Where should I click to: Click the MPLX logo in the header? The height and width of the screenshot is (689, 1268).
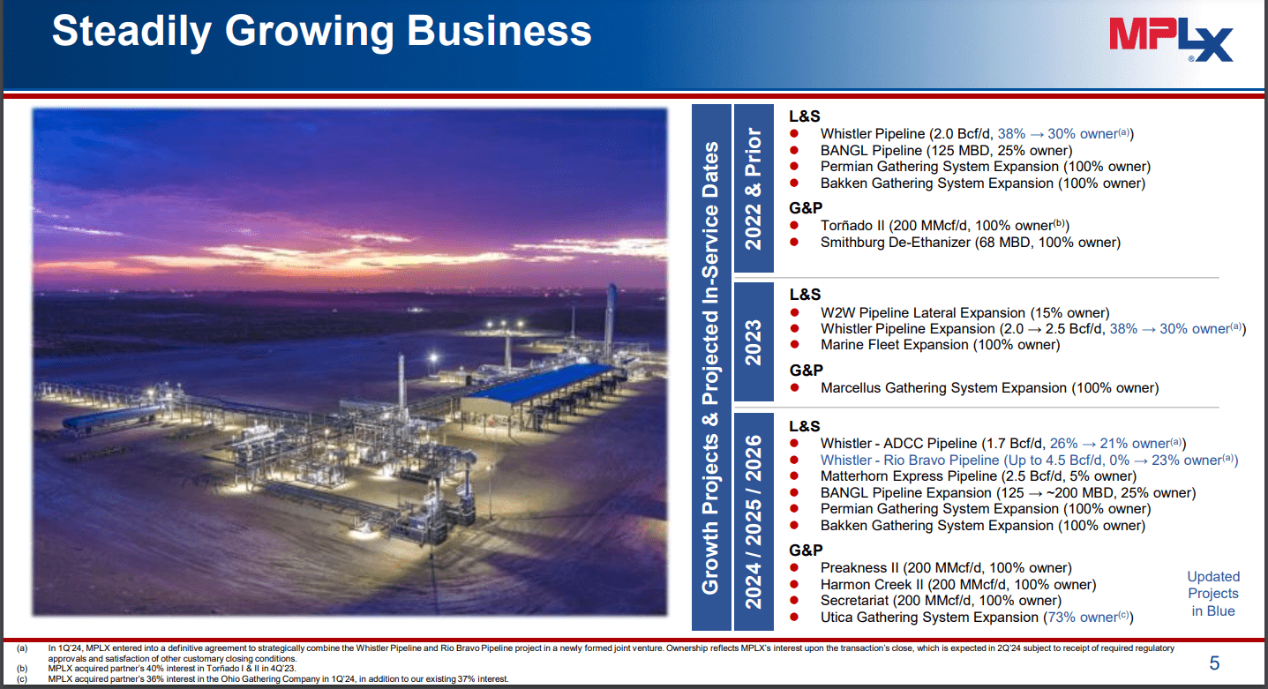click(x=1170, y=41)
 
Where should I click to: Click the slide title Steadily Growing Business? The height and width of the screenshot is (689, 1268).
click(x=321, y=31)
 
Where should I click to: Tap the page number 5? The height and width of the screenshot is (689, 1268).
click(x=1213, y=663)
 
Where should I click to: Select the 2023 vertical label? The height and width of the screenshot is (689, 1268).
click(x=753, y=341)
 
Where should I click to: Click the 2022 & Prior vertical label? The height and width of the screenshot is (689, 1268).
click(x=753, y=189)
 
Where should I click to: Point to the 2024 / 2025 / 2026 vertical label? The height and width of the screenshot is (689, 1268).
click(x=753, y=520)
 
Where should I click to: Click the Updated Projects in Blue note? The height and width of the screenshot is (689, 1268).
click(x=1212, y=593)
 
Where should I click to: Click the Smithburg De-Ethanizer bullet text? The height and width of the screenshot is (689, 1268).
click(x=970, y=242)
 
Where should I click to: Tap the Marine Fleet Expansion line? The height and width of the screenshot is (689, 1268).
click(x=940, y=345)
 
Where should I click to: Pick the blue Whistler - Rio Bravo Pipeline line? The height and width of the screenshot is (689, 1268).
click(x=1029, y=460)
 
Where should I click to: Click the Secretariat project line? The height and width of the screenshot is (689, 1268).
click(x=941, y=601)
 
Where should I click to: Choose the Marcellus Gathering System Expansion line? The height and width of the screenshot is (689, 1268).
click(x=989, y=387)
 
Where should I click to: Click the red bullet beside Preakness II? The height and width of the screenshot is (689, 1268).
click(x=794, y=568)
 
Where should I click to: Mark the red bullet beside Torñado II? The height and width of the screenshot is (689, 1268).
click(x=794, y=226)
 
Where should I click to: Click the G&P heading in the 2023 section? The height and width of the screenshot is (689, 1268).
click(x=806, y=370)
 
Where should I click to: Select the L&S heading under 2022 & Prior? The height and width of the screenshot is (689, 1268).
click(x=805, y=116)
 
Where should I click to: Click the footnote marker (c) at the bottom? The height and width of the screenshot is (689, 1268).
click(x=21, y=678)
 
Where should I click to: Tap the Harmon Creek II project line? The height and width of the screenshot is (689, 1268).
click(x=957, y=584)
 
